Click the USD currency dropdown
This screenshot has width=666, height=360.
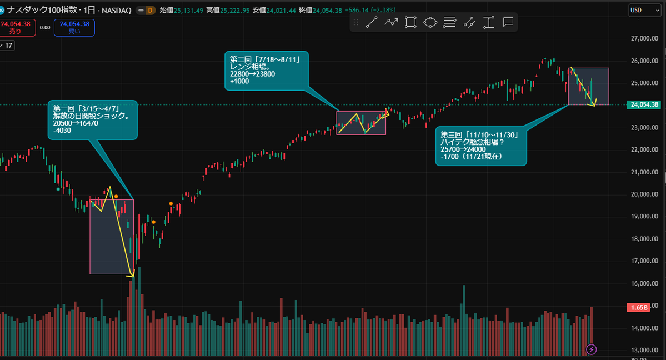click(644, 10)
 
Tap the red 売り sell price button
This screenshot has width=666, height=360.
click(17, 27)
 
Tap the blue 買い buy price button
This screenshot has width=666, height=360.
click(75, 27)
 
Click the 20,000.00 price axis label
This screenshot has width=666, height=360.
click(644, 194)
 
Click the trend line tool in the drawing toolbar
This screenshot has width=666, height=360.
click(372, 22)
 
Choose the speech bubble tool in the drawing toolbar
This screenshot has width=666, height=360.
click(508, 22)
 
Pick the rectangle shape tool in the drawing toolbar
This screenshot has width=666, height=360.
click(410, 22)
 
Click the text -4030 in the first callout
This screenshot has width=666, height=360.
click(62, 131)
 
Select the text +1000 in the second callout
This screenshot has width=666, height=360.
click(239, 81)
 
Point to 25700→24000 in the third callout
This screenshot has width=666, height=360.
click(463, 150)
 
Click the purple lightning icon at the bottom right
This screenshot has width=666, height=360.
click(592, 349)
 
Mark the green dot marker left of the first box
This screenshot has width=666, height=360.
click(58, 189)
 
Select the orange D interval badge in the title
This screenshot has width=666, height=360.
click(150, 11)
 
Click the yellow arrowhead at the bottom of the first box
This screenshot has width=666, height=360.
click(132, 274)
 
